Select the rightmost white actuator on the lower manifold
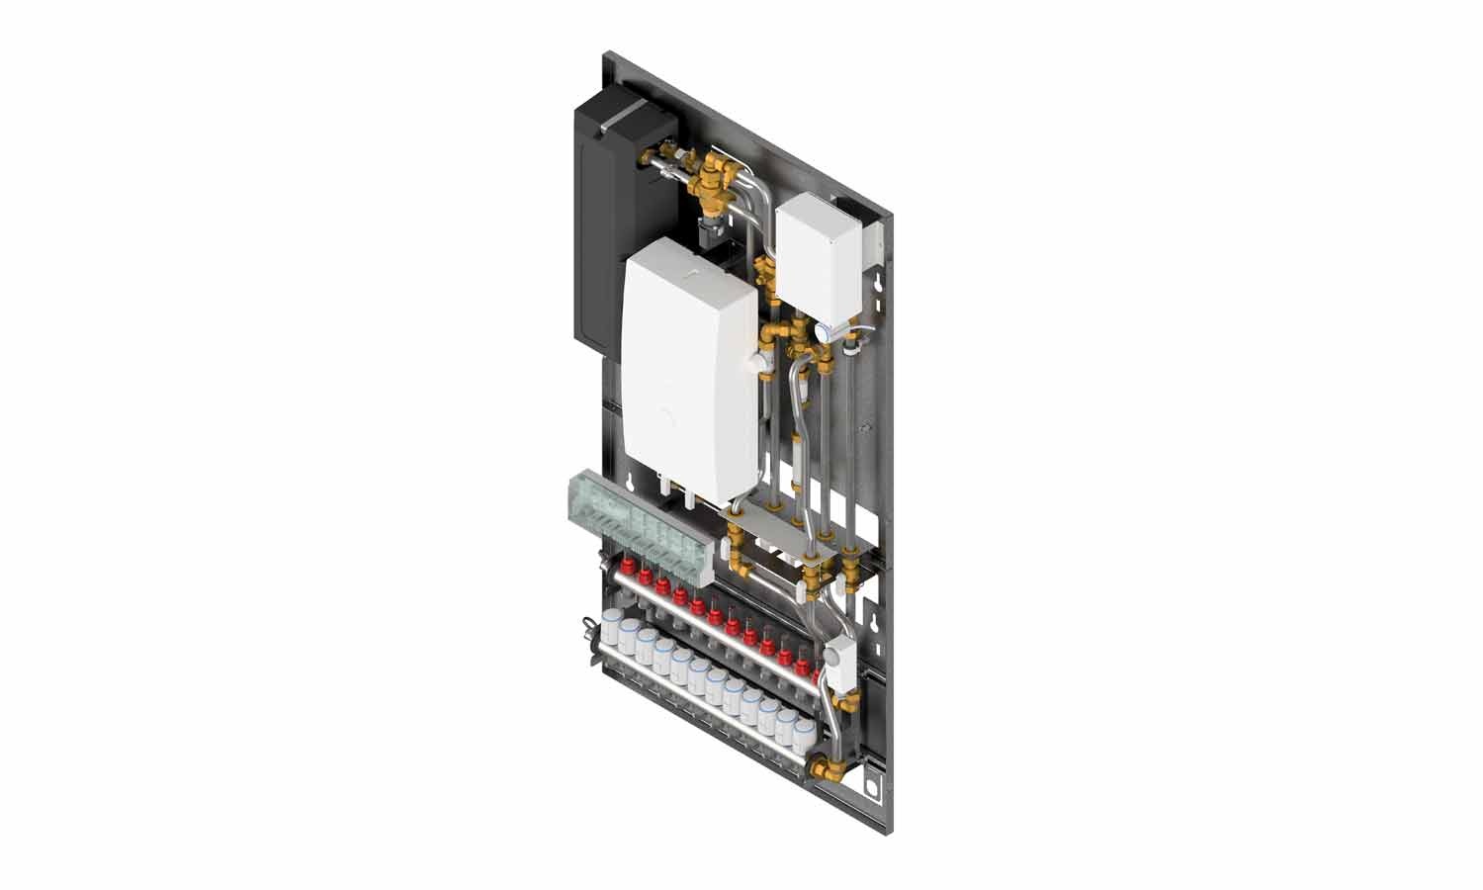pyautogui.click(x=802, y=732)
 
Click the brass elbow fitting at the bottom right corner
pyautogui.click(x=824, y=769)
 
